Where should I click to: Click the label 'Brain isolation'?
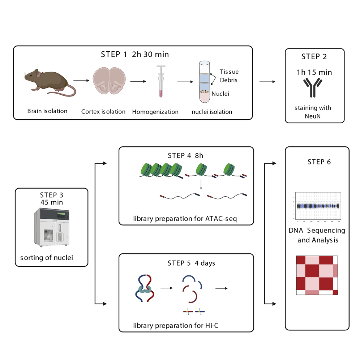47,111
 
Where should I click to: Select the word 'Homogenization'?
155,112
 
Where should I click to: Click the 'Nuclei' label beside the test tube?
221,94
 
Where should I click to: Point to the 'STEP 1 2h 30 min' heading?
135,55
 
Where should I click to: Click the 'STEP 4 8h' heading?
186,155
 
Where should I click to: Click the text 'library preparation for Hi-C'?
175,325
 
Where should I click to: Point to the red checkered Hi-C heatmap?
317,275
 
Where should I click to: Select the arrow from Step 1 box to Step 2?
266,82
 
